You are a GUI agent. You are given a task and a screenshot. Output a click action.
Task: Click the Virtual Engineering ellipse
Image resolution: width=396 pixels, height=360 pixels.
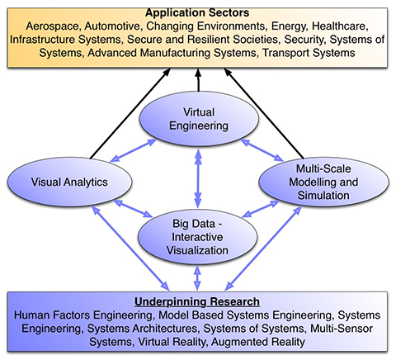[x=199, y=119]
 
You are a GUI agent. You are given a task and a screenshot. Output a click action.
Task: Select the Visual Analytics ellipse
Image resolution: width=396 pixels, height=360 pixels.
[x=69, y=182]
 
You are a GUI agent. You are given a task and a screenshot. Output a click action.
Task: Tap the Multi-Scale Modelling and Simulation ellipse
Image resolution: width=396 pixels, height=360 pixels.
[x=323, y=182]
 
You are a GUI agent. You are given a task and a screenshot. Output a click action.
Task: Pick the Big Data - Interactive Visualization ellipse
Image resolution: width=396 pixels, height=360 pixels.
[x=197, y=237]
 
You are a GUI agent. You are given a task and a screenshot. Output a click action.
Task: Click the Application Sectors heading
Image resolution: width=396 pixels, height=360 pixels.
[x=197, y=12]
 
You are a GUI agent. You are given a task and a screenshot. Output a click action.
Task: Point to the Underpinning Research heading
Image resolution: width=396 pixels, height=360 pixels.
[x=197, y=301]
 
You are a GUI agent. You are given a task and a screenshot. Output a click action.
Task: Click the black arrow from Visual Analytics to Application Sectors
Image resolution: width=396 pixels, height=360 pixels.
[x=130, y=113]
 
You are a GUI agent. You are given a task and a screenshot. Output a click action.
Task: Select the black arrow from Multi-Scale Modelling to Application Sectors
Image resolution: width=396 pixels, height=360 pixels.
[x=264, y=113]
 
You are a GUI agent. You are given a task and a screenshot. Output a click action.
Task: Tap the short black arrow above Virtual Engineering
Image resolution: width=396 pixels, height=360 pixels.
[x=198, y=80]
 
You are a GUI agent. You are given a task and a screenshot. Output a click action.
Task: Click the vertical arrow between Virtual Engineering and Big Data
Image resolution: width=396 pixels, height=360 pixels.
[x=198, y=178]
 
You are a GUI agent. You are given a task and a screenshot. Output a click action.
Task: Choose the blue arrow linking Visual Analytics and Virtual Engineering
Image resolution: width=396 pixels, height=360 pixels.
[x=134, y=150]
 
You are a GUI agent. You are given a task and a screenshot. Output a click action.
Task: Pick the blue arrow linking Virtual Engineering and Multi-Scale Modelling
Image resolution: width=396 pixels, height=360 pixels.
[x=262, y=150]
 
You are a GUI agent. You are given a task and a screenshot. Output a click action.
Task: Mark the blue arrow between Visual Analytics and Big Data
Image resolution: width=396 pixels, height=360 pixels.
[x=133, y=209]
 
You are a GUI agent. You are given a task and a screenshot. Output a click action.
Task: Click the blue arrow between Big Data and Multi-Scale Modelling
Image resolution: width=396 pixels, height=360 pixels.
[x=261, y=209]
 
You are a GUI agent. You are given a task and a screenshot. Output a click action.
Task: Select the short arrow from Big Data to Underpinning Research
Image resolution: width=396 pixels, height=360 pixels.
[x=197, y=277]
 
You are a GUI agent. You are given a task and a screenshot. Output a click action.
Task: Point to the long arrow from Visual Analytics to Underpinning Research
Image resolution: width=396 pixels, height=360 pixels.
[x=130, y=249]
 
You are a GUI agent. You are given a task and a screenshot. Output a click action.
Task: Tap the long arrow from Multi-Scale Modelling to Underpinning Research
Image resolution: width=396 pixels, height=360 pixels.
[x=263, y=249]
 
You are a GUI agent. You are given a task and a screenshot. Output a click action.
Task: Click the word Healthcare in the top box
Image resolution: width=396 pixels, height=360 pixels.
[x=340, y=26]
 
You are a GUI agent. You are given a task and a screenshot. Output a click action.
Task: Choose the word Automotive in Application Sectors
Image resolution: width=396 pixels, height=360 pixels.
[x=113, y=26]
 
